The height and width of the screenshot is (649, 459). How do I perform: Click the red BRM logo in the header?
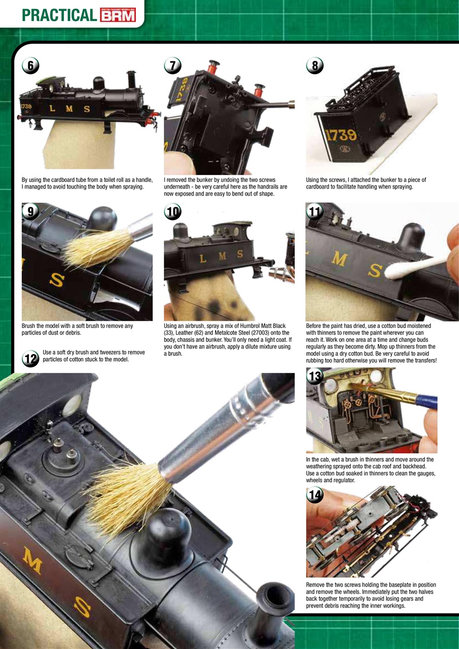[118, 16]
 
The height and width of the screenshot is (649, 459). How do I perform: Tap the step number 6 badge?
[30, 66]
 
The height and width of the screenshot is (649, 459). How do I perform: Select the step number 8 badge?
[315, 66]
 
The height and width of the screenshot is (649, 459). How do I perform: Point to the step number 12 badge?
[30, 358]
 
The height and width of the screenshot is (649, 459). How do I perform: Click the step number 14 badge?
[315, 495]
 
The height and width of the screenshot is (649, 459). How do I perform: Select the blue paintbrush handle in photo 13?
[427, 401]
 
